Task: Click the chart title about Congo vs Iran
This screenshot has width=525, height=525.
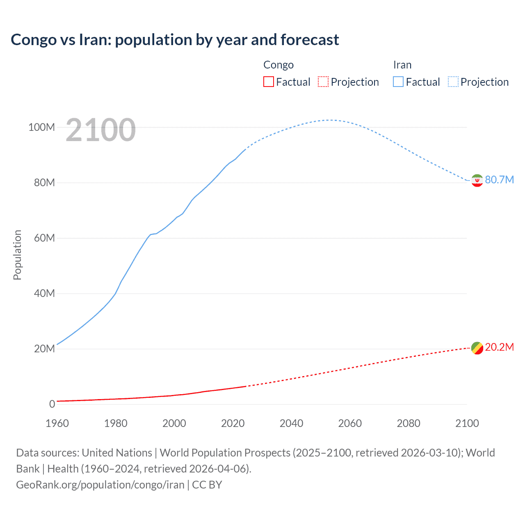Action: click(x=175, y=40)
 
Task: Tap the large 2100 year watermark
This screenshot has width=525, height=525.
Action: click(x=100, y=130)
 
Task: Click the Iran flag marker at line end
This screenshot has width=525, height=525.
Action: click(x=477, y=180)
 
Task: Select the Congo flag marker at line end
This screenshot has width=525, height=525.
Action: click(x=477, y=348)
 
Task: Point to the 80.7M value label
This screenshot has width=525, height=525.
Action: click(x=499, y=180)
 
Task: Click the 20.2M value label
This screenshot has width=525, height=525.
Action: click(x=499, y=347)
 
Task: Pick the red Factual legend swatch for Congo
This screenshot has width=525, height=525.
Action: click(x=268, y=82)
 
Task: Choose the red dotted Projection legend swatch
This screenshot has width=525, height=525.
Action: click(x=323, y=82)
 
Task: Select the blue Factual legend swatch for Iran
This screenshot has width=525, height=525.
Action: click(x=398, y=82)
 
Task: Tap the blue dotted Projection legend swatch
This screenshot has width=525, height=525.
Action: click(x=453, y=82)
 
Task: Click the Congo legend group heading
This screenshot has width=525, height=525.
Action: click(x=278, y=65)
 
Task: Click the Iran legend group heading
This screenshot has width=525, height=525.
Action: click(x=402, y=65)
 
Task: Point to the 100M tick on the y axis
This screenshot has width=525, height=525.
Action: click(x=41, y=127)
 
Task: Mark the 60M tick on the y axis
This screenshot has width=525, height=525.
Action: click(x=44, y=238)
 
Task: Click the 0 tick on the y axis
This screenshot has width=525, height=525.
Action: click(x=52, y=404)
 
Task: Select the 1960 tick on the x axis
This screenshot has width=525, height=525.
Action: click(x=57, y=423)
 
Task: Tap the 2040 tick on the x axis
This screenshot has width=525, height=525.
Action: click(x=291, y=423)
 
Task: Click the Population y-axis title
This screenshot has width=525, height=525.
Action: click(x=17, y=255)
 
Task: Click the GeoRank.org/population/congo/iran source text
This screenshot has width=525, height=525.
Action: click(x=100, y=485)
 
